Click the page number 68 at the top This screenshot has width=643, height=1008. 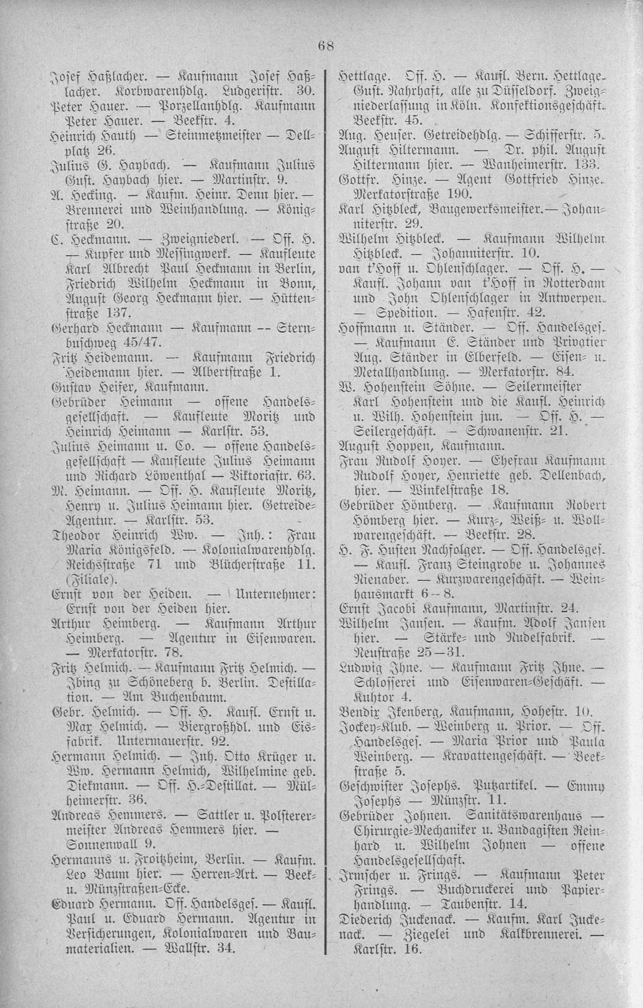tap(326, 45)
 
